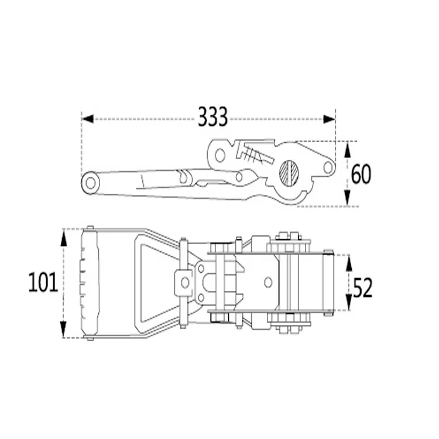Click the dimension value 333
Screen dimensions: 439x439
(x=212, y=118)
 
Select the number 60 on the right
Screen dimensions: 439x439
(x=361, y=174)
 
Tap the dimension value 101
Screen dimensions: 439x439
(x=43, y=283)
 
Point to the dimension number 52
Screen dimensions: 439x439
(x=362, y=287)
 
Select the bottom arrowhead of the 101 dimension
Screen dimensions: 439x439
(x=64, y=331)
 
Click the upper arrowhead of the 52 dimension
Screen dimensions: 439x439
(x=348, y=262)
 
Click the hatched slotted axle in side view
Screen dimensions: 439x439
(x=290, y=172)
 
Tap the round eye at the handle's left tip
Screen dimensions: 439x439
(x=91, y=183)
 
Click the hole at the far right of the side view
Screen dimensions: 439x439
(x=328, y=168)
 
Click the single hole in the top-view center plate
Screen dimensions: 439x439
(x=268, y=282)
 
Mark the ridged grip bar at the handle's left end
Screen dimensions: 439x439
(x=90, y=283)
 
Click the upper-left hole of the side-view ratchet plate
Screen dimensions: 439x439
(x=220, y=155)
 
